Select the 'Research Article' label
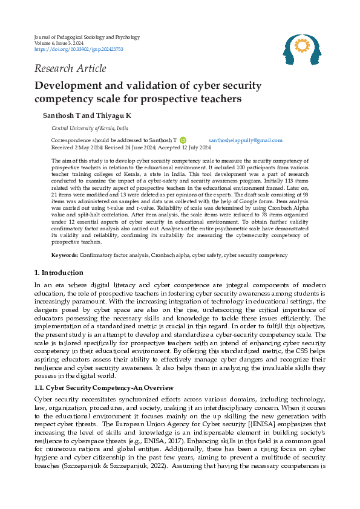pyautogui.click(x=70, y=68)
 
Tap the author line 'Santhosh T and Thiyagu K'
pyautogui.click(x=87, y=115)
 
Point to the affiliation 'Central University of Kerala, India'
pyautogui.click(x=90, y=128)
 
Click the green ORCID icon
pyautogui.click(x=183, y=140)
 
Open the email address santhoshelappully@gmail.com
pyautogui.click(x=241, y=140)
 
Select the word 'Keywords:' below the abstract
pyautogui.click(x=64, y=273)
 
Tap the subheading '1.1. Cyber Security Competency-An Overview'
pyautogui.click(x=103, y=387)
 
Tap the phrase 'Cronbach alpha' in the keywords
pyautogui.click(x=169, y=273)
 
